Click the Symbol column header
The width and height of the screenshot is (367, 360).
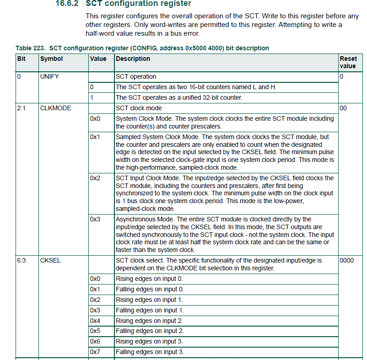point(51,59)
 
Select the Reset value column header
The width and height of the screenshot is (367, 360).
point(348,62)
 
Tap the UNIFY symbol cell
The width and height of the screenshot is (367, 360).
point(50,77)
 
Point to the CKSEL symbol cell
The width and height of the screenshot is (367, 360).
point(50,260)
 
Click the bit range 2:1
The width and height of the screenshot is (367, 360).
point(22,108)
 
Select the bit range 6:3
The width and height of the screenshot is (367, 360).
point(22,260)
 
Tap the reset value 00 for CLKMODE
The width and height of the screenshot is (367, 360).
point(344,108)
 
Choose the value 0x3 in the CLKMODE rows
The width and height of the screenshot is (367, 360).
point(95,219)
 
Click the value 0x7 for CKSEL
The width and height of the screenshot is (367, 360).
point(95,352)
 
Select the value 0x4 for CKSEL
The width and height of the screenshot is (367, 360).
point(95,321)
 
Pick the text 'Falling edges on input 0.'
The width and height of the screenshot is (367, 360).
point(150,289)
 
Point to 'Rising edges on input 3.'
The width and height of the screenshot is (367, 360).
point(149,342)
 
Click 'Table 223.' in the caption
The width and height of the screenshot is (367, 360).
point(30,48)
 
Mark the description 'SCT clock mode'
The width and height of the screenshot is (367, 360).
point(139,108)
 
